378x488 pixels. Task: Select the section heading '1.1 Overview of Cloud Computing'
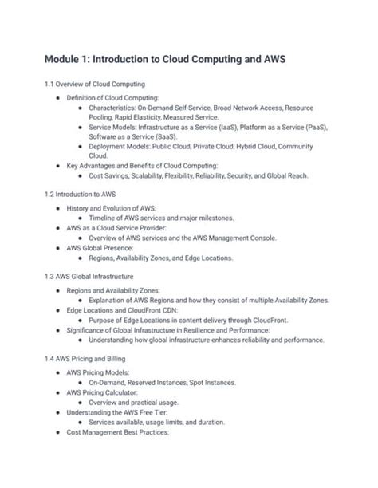(94, 84)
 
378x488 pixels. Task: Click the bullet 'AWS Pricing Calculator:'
(104, 392)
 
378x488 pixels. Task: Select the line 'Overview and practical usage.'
(134, 403)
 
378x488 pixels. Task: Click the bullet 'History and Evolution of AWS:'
(113, 207)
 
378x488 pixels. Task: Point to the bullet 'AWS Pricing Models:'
(97, 372)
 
